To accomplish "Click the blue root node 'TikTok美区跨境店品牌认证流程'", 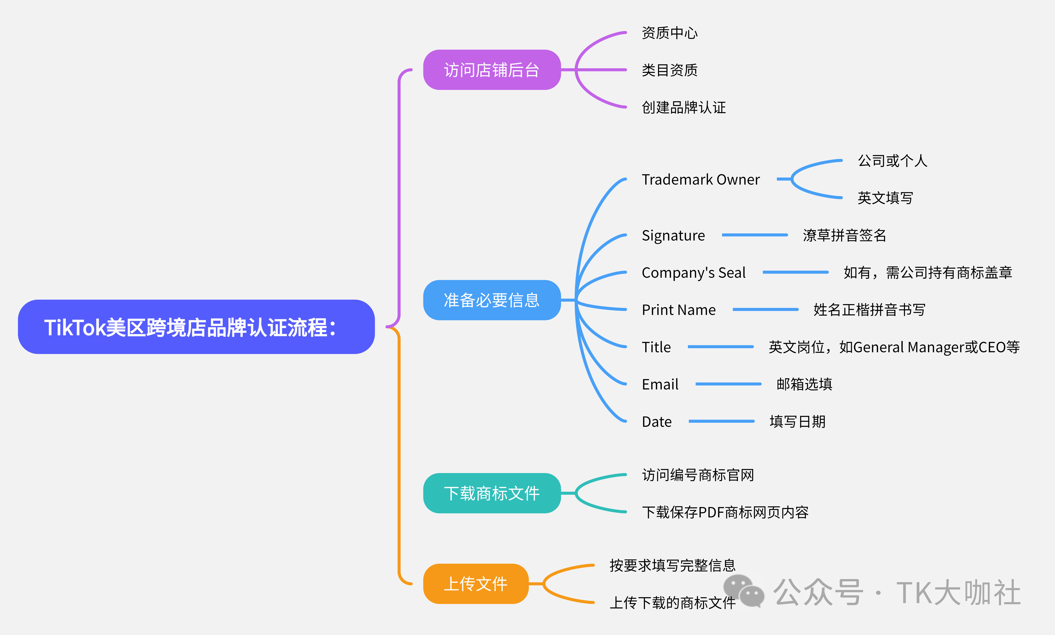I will [196, 327].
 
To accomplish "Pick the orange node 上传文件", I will [475, 584].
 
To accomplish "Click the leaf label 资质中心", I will [669, 33].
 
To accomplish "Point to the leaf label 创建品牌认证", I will [683, 107].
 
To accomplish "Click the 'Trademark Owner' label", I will [701, 179].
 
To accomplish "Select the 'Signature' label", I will [673, 235].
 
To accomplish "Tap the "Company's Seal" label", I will [693, 273].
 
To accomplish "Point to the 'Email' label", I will [660, 384].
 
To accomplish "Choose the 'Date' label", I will [656, 421].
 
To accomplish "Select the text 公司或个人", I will [892, 161].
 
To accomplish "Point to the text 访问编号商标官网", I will [698, 475].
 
